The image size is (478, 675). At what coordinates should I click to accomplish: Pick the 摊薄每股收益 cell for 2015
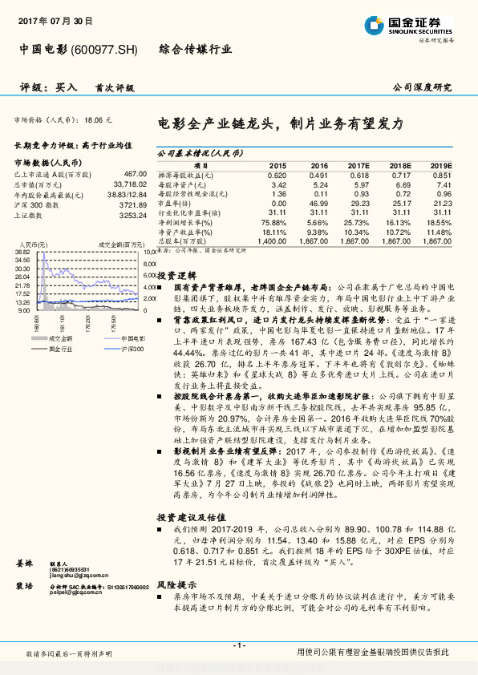(x=276, y=175)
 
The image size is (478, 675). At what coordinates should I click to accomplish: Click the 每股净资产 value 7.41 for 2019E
(x=442, y=184)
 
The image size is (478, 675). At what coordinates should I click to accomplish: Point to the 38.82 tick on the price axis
(x=22, y=252)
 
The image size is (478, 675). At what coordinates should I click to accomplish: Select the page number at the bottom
(x=237, y=645)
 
